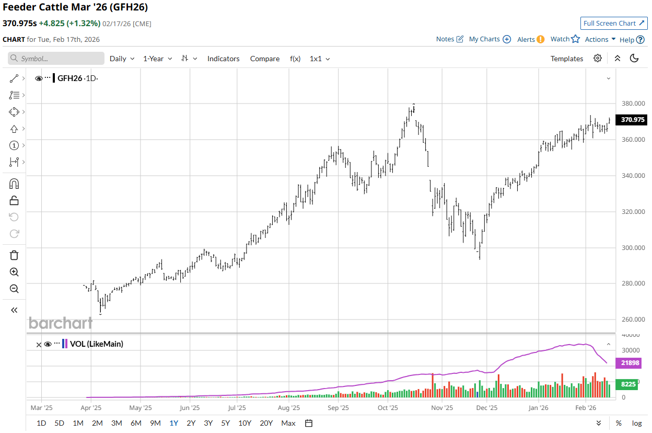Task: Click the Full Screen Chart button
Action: point(614,23)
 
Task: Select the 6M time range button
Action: point(136,423)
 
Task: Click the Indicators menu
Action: point(223,59)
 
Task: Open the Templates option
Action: point(566,59)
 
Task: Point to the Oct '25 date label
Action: point(388,407)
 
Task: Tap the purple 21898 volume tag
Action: point(630,362)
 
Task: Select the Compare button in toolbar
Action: point(264,59)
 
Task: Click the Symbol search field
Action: point(56,59)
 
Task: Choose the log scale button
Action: point(637,423)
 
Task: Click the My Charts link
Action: point(490,39)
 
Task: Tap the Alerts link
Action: point(530,39)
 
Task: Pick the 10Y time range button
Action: point(245,423)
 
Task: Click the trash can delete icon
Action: point(14,255)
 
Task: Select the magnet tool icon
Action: point(14,184)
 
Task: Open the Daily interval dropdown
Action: point(122,59)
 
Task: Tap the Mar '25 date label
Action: point(42,407)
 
